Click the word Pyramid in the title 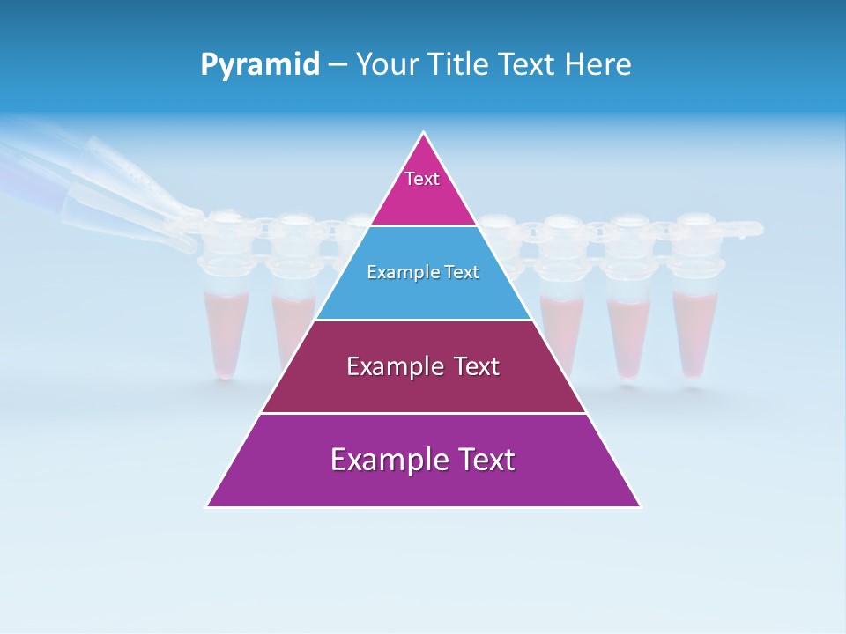pyautogui.click(x=260, y=65)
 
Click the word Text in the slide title pyautogui.click(x=527, y=65)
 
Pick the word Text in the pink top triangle pyautogui.click(x=422, y=179)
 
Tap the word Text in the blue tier pyautogui.click(x=462, y=272)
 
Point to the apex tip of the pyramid pyautogui.click(x=424, y=133)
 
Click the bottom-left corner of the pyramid pyautogui.click(x=207, y=506)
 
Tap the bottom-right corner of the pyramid pyautogui.click(x=641, y=506)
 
